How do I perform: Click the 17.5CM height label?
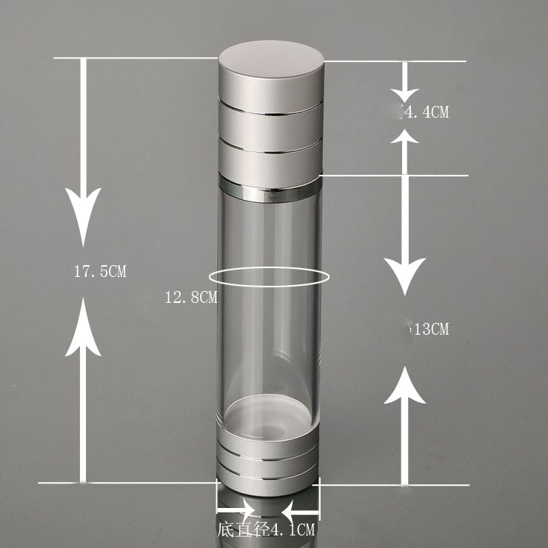coord(100,271)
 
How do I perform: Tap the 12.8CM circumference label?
coord(190,298)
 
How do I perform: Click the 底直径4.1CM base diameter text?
coord(267,530)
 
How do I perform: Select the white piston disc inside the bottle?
coord(268,415)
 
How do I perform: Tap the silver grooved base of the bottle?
coord(268,463)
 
